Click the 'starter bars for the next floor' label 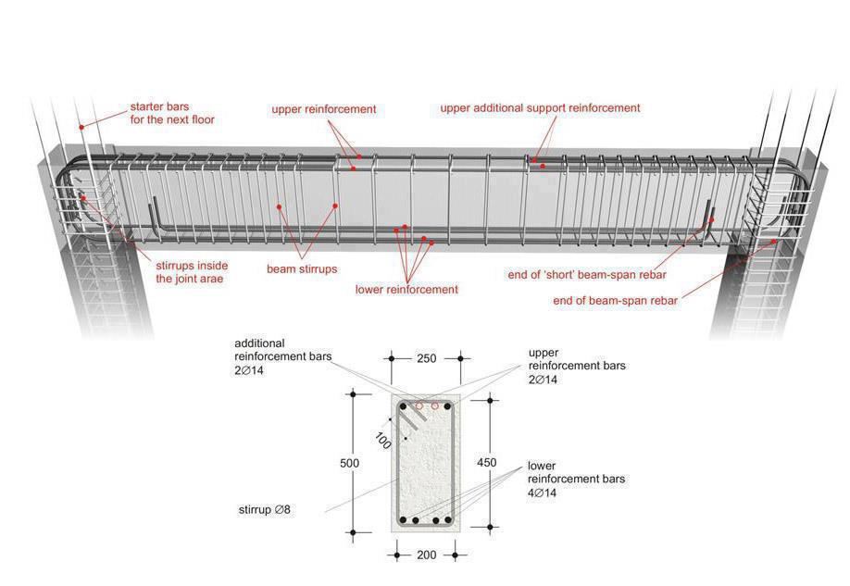coord(172,114)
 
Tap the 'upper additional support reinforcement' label coord(540,108)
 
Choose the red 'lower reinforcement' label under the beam coord(406,290)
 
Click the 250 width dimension coord(425,357)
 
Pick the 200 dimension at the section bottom coord(425,555)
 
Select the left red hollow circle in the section coord(419,405)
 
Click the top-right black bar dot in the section coord(446,405)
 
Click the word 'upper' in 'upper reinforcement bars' coord(544,353)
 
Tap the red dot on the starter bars coord(81,127)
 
